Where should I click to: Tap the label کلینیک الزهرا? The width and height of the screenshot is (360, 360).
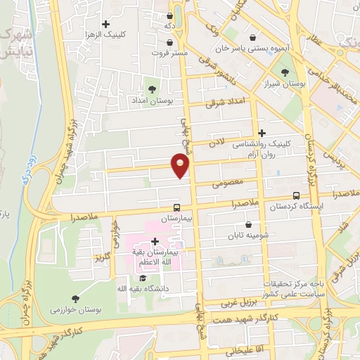(124, 34)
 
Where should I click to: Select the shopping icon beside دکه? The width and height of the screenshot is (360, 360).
(169, 15)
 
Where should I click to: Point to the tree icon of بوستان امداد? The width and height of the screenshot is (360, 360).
(151, 90)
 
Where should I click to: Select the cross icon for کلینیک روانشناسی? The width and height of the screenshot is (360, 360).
(262, 133)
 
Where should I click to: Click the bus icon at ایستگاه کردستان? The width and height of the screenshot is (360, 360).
(296, 196)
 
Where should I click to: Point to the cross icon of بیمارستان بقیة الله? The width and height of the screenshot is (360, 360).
(155, 242)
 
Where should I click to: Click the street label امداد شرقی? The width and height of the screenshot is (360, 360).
(224, 103)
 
